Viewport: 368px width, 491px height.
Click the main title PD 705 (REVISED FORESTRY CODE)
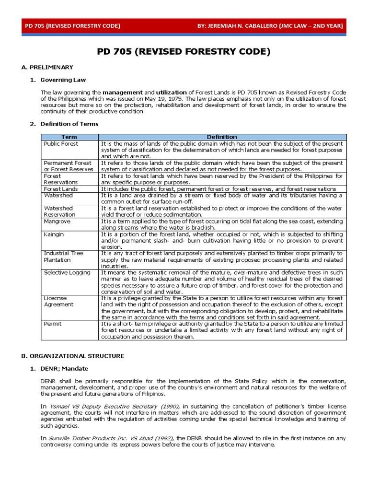184,51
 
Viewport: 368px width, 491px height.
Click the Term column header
69,137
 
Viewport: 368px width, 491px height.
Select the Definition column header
221,137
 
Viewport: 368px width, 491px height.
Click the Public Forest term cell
60,143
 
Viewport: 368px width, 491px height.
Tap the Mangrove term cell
57,222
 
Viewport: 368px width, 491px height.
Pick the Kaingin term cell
54,234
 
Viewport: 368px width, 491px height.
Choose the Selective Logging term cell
67,272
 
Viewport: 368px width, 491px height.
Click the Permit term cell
52,324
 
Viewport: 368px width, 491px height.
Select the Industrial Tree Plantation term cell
63,257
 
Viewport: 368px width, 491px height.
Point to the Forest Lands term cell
60,189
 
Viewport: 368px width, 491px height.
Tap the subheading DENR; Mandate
64,368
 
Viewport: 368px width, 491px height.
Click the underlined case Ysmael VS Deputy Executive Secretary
110,406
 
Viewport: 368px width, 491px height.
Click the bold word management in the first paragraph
123,92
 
